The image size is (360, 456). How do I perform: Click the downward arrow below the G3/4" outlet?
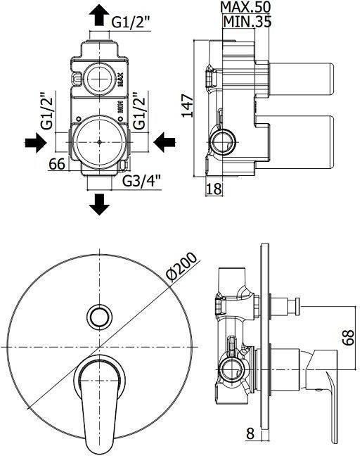(x=100, y=203)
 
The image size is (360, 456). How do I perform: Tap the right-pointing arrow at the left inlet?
(x=34, y=144)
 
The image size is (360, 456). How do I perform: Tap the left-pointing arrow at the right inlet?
(x=165, y=144)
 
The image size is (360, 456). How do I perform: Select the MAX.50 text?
(x=244, y=7)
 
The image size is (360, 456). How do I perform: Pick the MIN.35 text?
(x=245, y=22)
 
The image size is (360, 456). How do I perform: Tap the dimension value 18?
(x=214, y=189)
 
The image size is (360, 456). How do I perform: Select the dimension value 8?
(x=250, y=434)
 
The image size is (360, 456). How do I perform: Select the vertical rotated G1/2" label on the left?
(x=47, y=111)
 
